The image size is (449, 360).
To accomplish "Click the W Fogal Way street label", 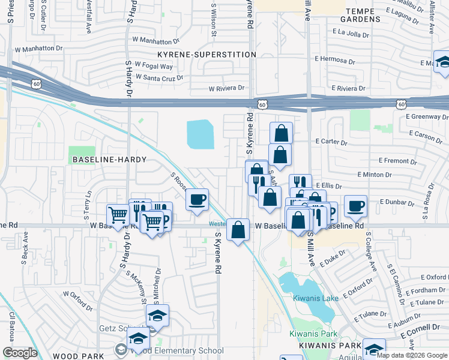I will [x=154, y=66].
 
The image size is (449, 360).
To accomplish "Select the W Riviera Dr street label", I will [x=227, y=88].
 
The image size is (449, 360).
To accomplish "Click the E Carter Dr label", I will [x=331, y=143].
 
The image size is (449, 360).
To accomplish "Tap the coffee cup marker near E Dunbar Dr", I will [x=355, y=206].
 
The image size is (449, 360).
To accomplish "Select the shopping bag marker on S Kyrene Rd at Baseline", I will [x=238, y=229].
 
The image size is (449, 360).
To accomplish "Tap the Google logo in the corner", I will [x=20, y=353].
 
